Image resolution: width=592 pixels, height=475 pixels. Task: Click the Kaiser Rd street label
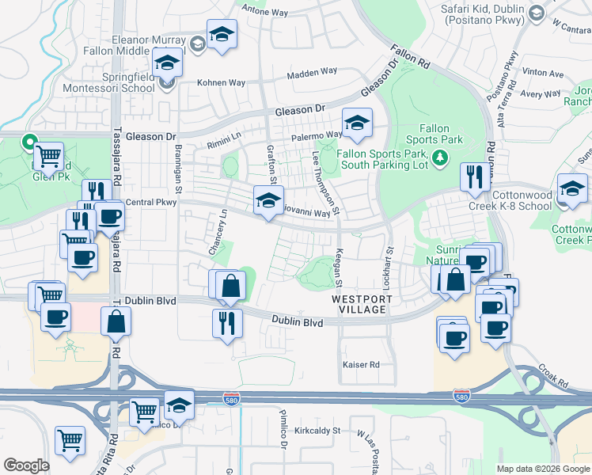361,364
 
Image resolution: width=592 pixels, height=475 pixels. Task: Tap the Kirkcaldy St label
316,431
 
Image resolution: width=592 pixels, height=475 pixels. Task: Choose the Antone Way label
264,10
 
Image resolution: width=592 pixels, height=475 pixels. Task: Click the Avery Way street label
541,93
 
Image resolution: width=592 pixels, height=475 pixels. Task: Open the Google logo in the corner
26,465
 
